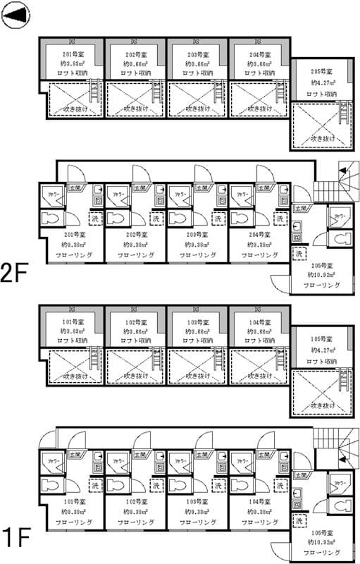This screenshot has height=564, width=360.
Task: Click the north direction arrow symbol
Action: pyautogui.click(x=15, y=16)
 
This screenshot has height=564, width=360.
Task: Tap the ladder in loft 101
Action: pyautogui.click(x=93, y=357)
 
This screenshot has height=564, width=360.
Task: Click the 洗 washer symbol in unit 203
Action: pyautogui.click(x=218, y=220)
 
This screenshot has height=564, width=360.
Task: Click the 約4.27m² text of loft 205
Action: pyautogui.click(x=323, y=82)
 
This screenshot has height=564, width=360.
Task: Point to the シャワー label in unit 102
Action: pyautogui.click(x=116, y=460)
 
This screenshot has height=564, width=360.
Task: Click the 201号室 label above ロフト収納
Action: pyautogui.click(x=74, y=54)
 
